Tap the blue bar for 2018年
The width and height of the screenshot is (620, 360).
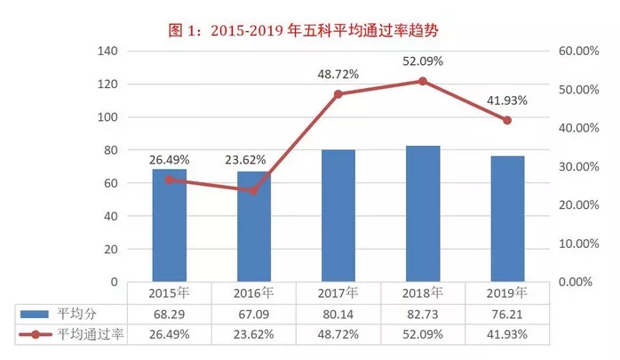[x=423, y=213]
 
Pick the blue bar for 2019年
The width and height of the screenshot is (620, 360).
[x=507, y=219]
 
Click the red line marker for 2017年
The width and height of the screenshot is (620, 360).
[x=338, y=93]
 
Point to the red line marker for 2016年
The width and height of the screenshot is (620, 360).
[x=254, y=190]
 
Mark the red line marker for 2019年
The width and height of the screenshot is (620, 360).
[x=507, y=120]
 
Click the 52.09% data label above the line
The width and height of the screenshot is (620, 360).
[x=423, y=61]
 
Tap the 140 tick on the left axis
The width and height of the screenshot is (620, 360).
[x=108, y=52]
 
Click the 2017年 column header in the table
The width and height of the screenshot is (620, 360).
[x=338, y=292]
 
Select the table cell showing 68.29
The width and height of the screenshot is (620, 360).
[x=170, y=314]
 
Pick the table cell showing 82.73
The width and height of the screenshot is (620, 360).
[x=423, y=314]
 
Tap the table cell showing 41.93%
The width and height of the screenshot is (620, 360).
[x=507, y=335]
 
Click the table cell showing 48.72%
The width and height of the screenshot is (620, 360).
[x=338, y=335]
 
